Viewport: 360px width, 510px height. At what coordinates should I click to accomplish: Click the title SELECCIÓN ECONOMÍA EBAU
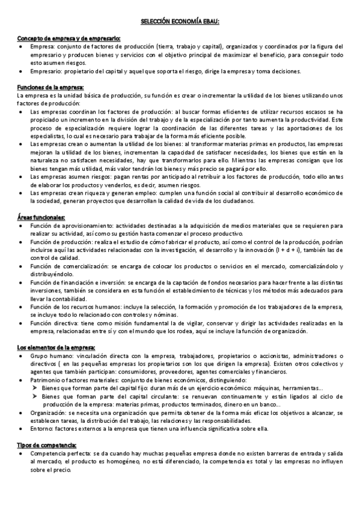180,21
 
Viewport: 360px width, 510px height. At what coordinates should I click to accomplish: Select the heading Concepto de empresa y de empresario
69,38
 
